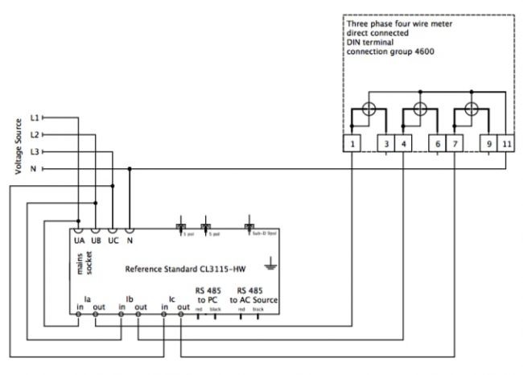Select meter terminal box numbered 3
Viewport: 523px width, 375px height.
(x=387, y=144)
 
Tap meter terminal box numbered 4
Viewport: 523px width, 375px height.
(x=404, y=144)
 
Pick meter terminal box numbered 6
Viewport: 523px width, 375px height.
(x=437, y=144)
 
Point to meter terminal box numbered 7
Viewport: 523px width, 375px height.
(x=454, y=144)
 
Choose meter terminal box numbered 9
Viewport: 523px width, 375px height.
(x=488, y=144)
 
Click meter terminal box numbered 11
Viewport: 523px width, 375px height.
(x=505, y=144)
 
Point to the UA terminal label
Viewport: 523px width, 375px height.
(x=79, y=241)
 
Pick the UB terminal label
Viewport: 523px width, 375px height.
(x=96, y=241)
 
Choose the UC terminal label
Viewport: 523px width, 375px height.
(x=113, y=241)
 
